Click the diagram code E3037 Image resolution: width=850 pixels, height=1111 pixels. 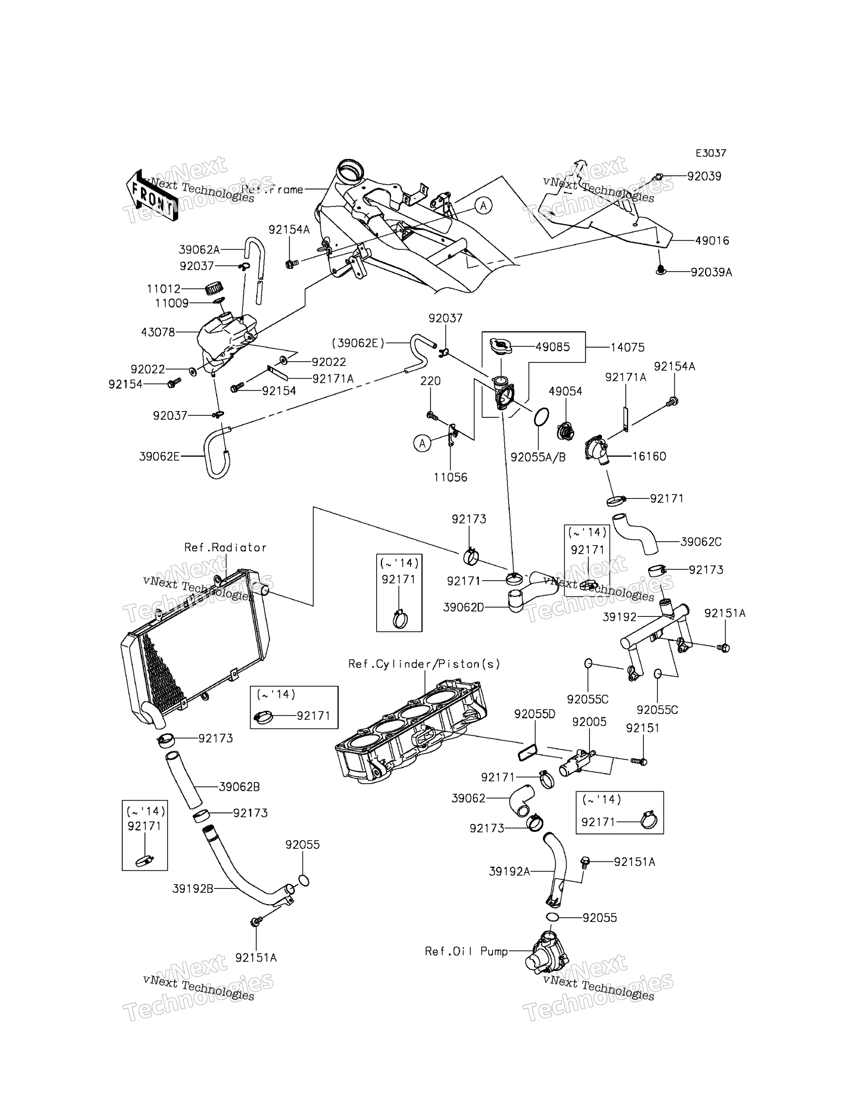click(710, 153)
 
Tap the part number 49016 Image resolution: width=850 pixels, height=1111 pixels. click(712, 241)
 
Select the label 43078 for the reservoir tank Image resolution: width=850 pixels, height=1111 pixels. click(158, 332)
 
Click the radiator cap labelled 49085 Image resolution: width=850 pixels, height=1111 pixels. click(501, 347)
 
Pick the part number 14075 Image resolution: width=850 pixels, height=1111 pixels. click(627, 348)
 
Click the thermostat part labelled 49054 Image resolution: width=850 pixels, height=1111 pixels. click(565, 431)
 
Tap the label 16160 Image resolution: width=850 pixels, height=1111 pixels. click(649, 456)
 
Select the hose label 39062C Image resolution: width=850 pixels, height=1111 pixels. click(701, 542)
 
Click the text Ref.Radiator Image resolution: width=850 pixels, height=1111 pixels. click(225, 547)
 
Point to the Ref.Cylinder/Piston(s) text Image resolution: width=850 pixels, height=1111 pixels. click(424, 664)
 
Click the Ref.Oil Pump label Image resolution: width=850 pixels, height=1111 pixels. click(466, 951)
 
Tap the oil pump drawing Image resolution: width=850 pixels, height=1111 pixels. click(548, 951)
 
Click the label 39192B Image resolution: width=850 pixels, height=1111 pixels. click(193, 889)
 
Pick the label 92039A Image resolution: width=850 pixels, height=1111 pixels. click(711, 272)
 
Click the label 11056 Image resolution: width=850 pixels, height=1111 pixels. click(450, 477)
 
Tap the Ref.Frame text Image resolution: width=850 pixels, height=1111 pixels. click(272, 189)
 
